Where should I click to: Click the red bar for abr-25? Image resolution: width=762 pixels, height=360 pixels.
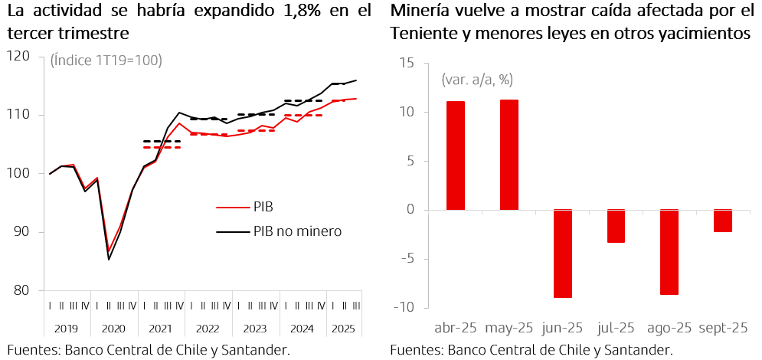tap(456, 155)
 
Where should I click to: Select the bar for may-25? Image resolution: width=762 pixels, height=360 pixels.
tap(509, 155)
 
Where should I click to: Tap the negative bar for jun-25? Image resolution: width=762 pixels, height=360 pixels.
tap(563, 254)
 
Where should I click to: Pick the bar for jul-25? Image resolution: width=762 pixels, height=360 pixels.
tap(616, 226)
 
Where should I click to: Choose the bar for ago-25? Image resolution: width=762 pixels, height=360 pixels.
tap(669, 252)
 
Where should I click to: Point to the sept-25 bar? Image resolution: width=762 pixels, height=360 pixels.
tap(723, 221)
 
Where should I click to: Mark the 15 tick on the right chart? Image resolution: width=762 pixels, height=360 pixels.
tap(407, 63)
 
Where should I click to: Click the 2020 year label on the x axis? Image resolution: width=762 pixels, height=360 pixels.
tap(113, 328)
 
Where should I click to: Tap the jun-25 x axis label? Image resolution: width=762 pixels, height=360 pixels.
tap(563, 328)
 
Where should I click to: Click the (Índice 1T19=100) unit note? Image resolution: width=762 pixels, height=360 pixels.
tap(106, 61)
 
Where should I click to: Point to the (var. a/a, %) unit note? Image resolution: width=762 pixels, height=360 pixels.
tap(477, 79)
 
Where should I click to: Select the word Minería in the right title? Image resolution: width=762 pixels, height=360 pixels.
tap(420, 11)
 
